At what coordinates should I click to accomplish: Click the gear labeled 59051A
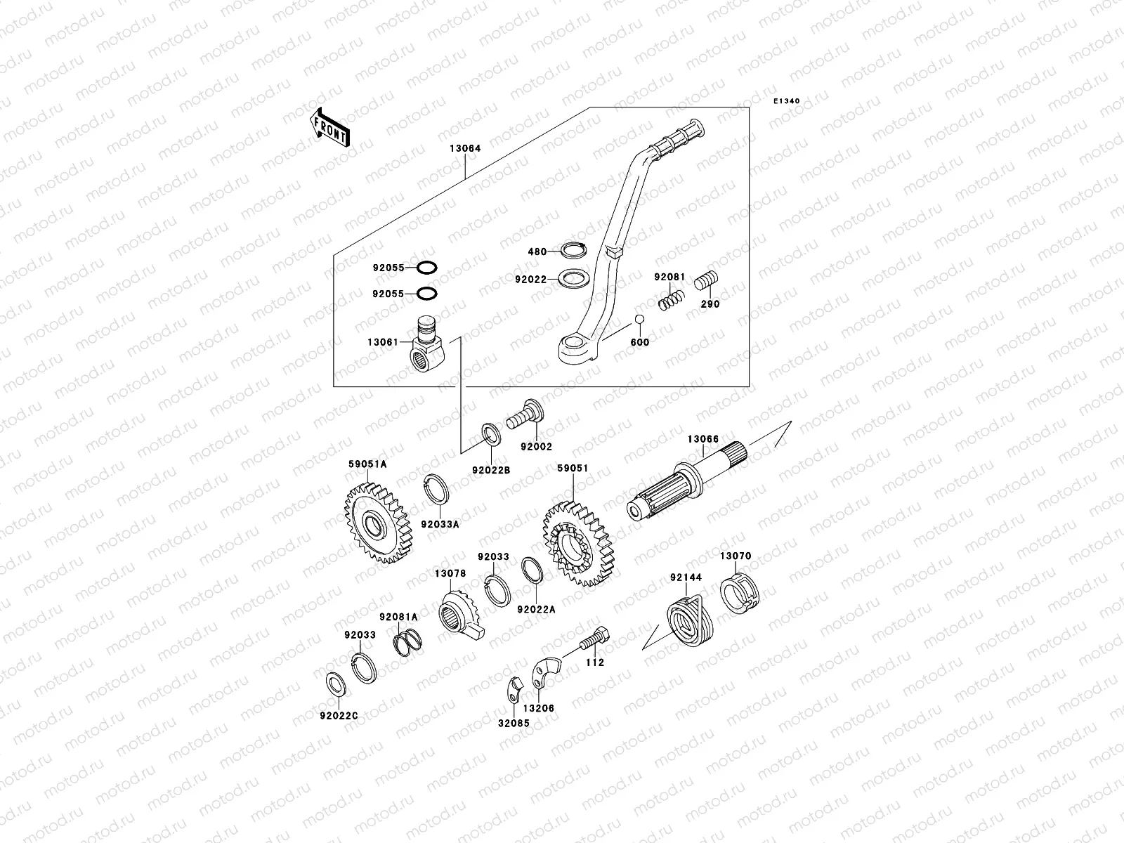tap(378, 522)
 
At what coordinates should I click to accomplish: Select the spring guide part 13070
tap(740, 593)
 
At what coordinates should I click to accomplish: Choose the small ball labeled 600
tap(639, 320)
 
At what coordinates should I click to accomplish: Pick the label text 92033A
tap(440, 523)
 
